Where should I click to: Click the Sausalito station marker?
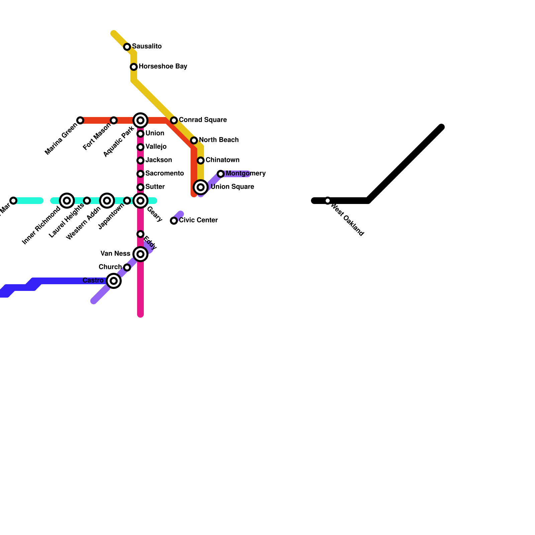(x=127, y=47)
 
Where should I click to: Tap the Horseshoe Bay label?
(x=163, y=67)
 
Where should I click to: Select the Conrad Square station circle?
(x=174, y=120)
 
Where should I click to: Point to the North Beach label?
(x=219, y=140)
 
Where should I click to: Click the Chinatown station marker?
(x=201, y=160)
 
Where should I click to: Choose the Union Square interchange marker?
(x=201, y=187)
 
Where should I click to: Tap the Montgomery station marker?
(x=221, y=174)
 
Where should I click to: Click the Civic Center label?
(x=198, y=220)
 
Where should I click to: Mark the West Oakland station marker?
(x=328, y=201)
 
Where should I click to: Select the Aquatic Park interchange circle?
(x=140, y=120)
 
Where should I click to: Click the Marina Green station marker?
(x=80, y=120)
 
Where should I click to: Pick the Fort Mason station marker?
(x=114, y=120)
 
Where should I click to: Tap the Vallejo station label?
(x=156, y=147)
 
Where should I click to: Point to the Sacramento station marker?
(x=140, y=174)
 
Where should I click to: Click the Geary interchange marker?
(x=140, y=201)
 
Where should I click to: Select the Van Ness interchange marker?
(x=140, y=254)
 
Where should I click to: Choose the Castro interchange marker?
(x=114, y=281)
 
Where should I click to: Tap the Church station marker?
(x=127, y=267)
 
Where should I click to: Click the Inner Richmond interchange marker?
(x=67, y=201)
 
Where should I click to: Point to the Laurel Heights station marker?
(x=87, y=201)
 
